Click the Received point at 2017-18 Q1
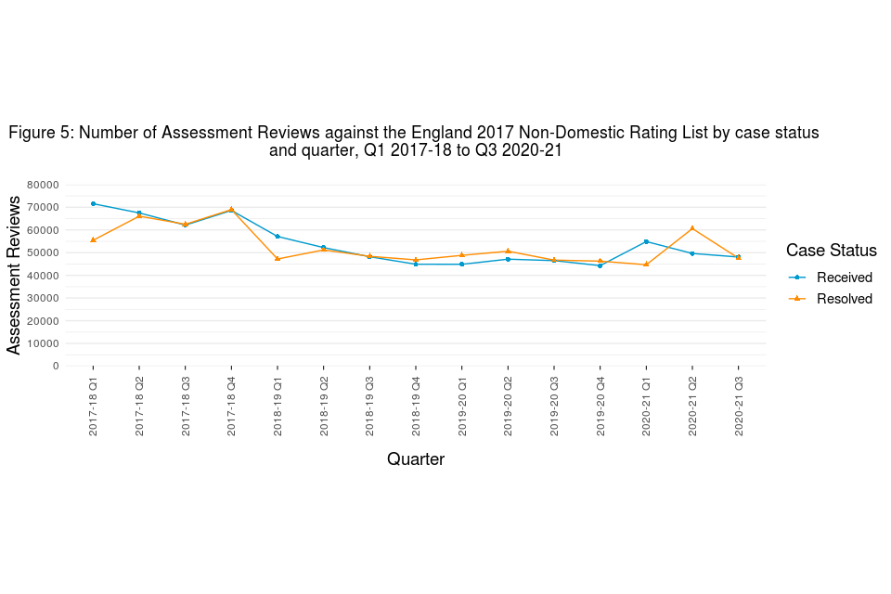point(93,203)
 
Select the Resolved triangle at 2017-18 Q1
point(93,239)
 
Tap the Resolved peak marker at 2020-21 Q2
point(692,228)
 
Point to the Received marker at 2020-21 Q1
point(646,241)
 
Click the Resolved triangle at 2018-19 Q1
point(278,259)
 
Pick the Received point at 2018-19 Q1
point(278,236)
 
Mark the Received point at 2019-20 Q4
point(600,265)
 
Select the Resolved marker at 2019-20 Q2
point(508,251)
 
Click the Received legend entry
point(844,278)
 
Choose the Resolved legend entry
point(844,299)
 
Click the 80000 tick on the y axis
point(43,185)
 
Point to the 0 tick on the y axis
point(56,366)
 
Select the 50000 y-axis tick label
point(43,252)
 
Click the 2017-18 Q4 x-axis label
point(231,407)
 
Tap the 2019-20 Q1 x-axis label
point(462,407)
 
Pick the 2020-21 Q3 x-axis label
point(739,407)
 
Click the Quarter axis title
point(415,459)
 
